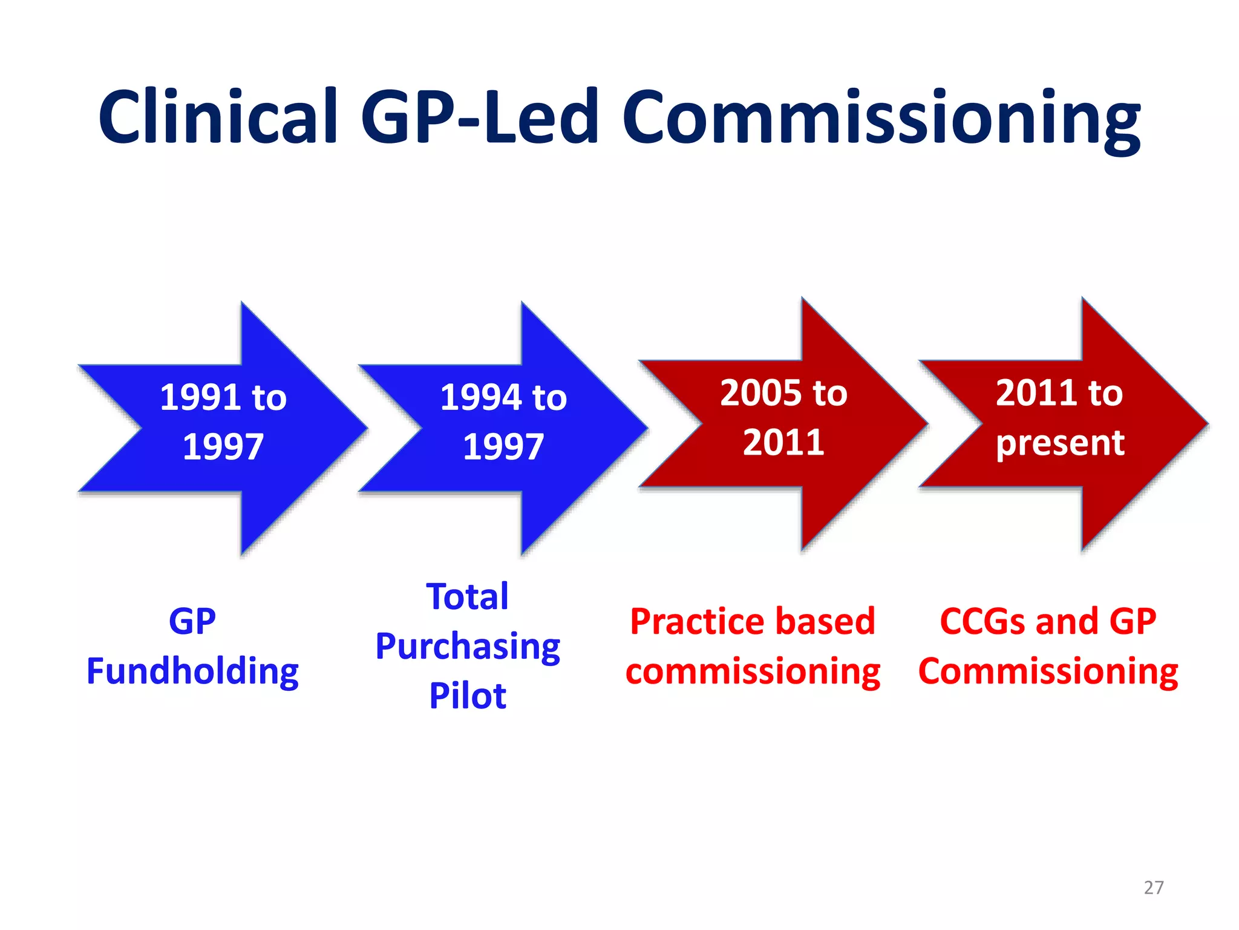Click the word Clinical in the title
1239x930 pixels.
pyautogui.click(x=218, y=116)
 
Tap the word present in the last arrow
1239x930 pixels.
pyautogui.click(x=1060, y=443)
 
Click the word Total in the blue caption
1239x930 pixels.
pyautogui.click(x=468, y=596)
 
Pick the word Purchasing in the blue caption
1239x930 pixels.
pyautogui.click(x=468, y=647)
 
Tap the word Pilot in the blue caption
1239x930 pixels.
pyautogui.click(x=468, y=696)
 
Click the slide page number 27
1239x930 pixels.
pyautogui.click(x=1154, y=888)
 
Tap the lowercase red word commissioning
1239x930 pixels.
pyautogui.click(x=753, y=672)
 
